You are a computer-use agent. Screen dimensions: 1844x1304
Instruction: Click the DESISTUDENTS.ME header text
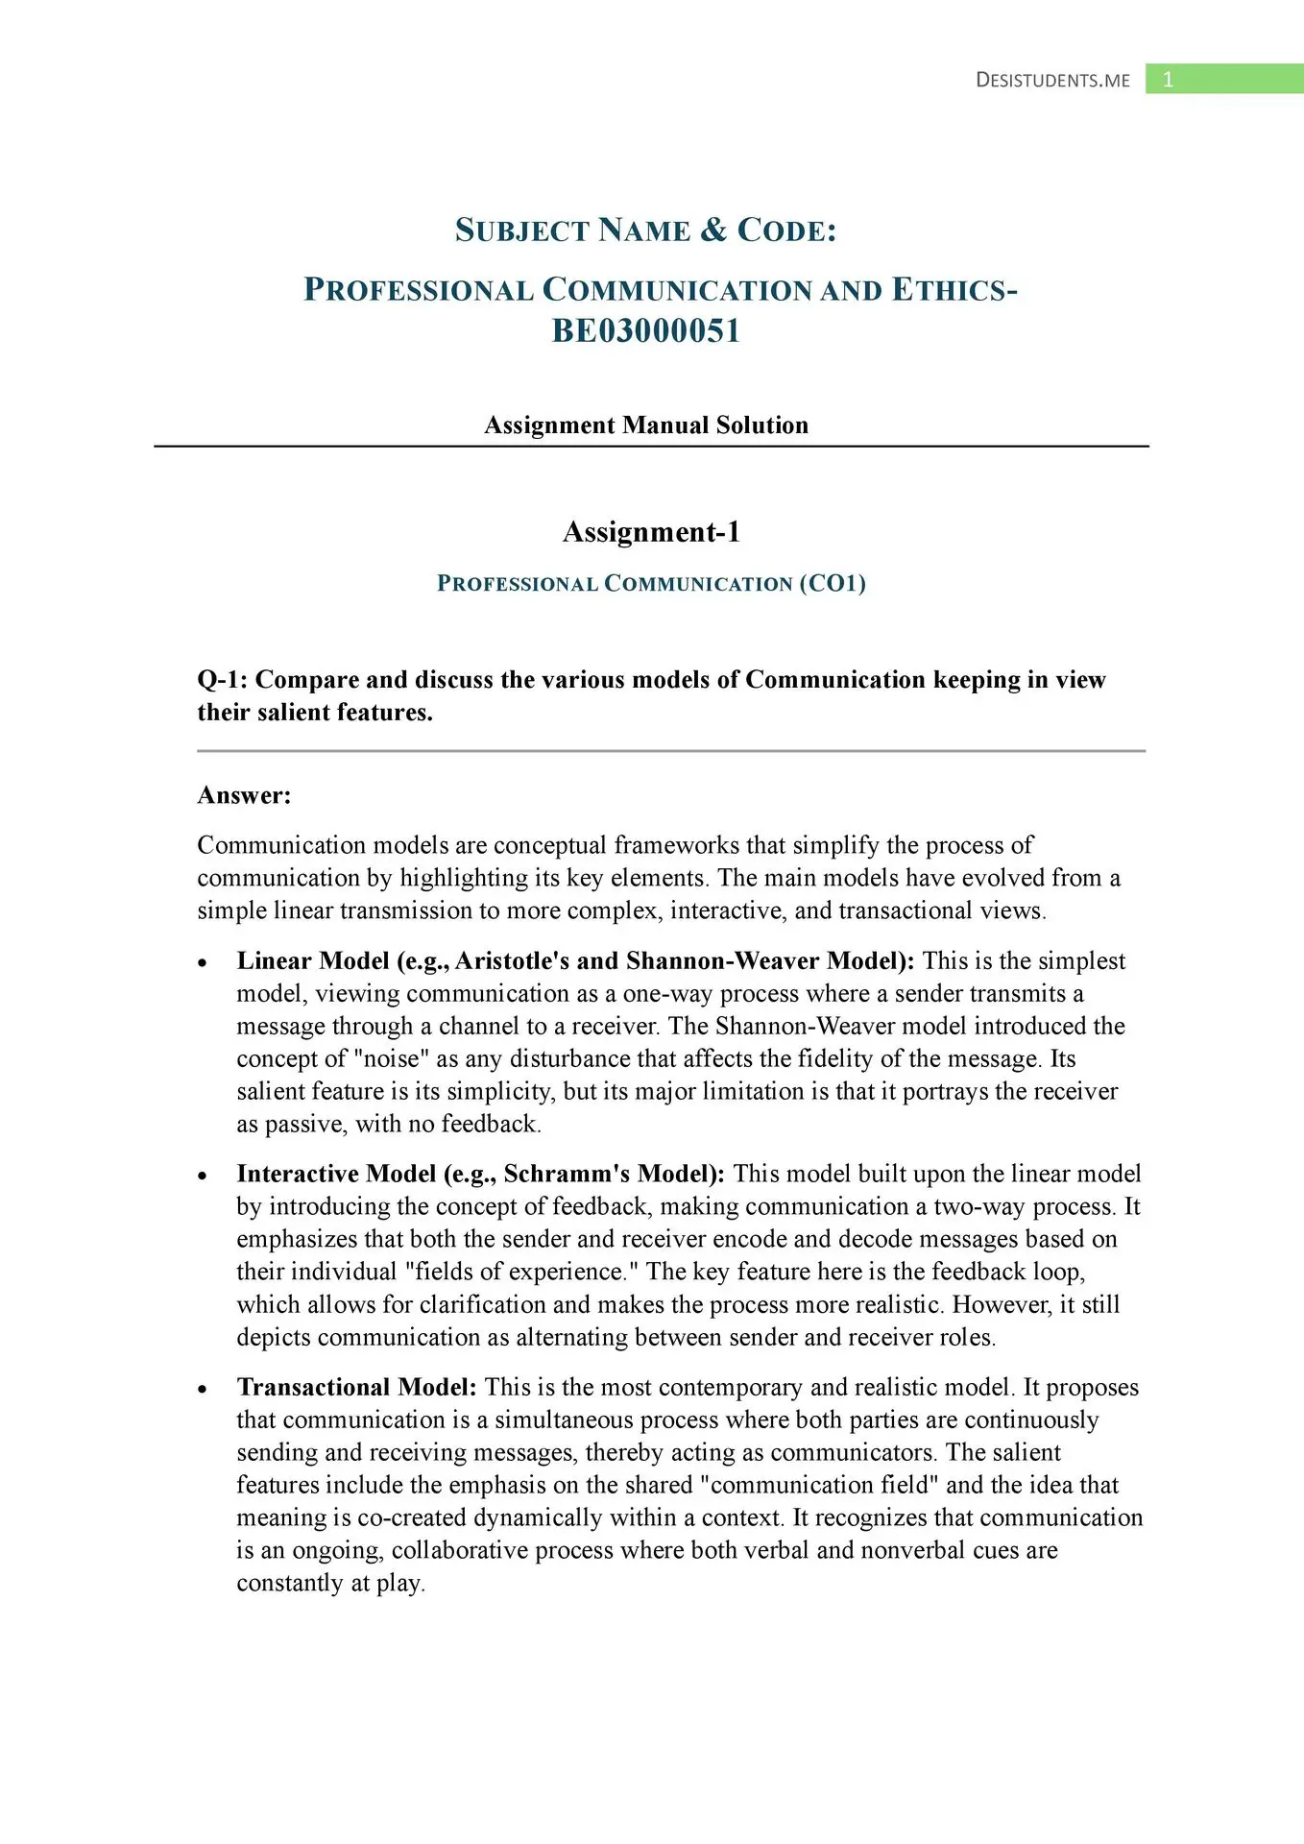[x=1052, y=81]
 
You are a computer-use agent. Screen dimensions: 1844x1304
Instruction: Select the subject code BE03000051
[x=645, y=331]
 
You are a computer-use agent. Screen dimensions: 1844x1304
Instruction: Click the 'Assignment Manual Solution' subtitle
[x=646, y=425]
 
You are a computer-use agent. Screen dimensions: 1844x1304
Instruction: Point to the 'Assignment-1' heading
[x=651, y=532]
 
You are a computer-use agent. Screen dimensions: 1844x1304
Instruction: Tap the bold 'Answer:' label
[x=244, y=795]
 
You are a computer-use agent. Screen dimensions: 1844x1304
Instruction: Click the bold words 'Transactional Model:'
[x=356, y=1388]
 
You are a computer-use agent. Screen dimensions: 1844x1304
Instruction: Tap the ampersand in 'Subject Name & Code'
[x=712, y=230]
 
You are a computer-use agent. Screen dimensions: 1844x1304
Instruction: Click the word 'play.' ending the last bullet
[x=400, y=1584]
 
